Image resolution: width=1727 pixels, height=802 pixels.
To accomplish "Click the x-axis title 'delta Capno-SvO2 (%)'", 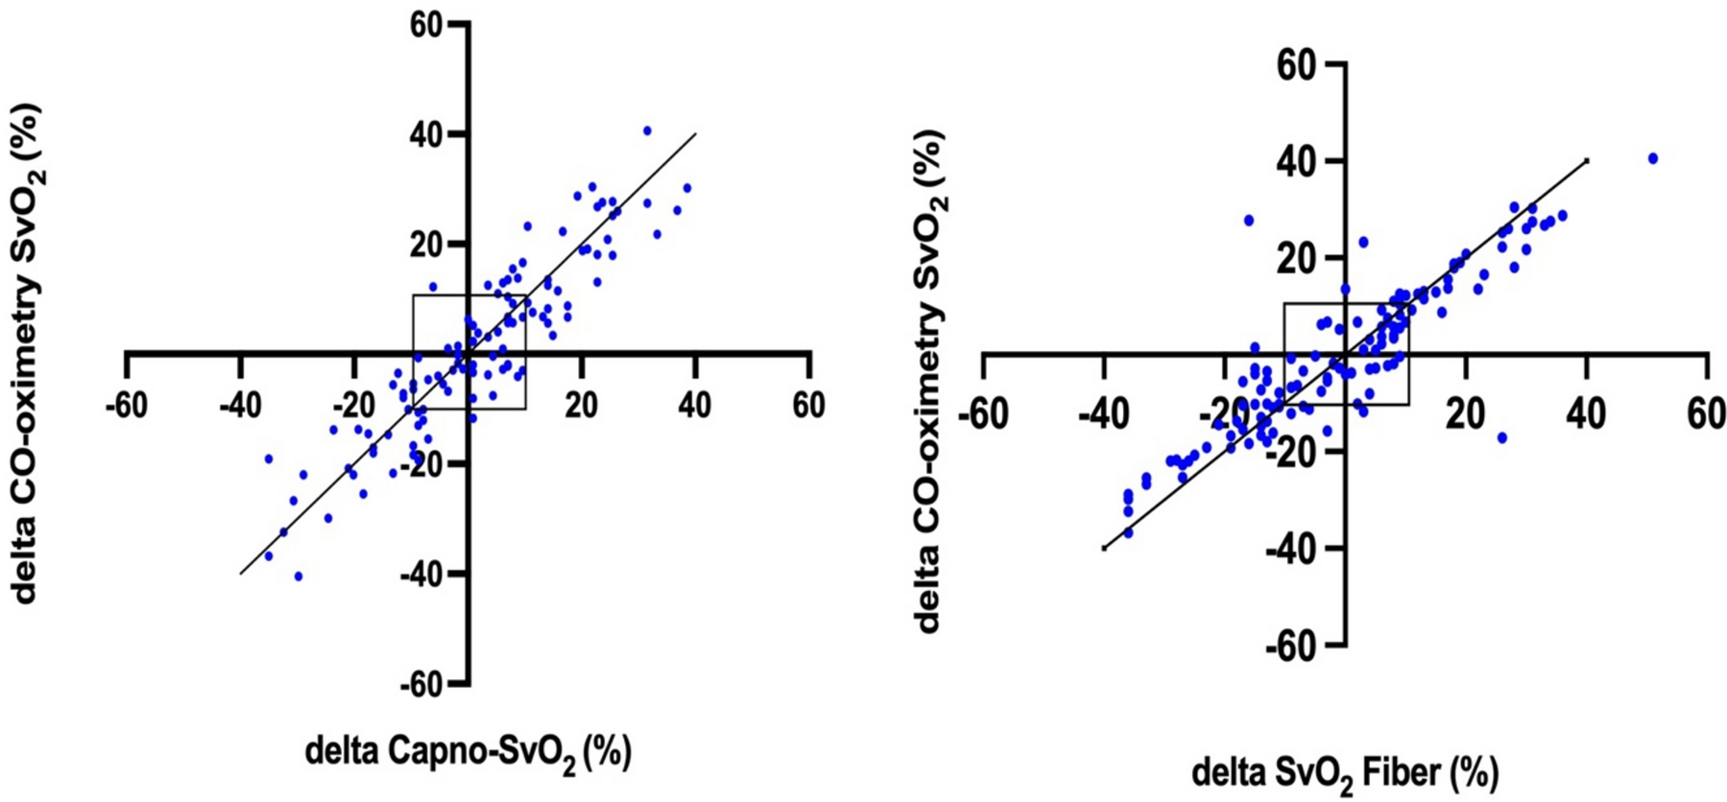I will click(x=468, y=753).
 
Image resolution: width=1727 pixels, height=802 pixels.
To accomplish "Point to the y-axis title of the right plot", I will click(x=929, y=380).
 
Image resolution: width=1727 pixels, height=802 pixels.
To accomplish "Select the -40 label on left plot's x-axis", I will click(x=240, y=407).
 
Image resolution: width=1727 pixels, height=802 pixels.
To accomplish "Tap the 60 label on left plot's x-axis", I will click(x=808, y=407).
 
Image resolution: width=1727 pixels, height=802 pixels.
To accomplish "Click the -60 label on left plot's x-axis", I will click(x=127, y=407).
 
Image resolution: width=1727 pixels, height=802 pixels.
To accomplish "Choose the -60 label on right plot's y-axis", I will click(x=1287, y=645).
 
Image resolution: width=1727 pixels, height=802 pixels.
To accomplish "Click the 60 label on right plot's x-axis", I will click(x=1706, y=414).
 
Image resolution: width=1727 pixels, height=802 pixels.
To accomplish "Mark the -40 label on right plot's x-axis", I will click(x=1104, y=414).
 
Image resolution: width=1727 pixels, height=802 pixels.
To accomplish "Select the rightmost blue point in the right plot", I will click(x=1653, y=158).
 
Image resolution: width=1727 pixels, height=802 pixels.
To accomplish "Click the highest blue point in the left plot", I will click(x=647, y=130).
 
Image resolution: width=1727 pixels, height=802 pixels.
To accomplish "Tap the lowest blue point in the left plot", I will click(x=299, y=577).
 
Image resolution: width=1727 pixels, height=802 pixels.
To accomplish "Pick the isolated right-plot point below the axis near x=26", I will click(x=1502, y=437).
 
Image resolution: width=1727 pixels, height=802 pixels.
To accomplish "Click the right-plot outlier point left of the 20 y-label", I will click(x=1249, y=220).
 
